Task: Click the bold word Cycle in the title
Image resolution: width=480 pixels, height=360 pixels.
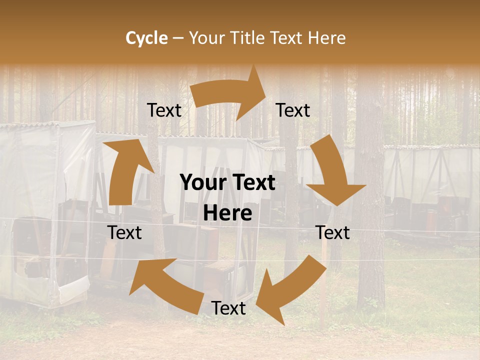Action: tap(146, 38)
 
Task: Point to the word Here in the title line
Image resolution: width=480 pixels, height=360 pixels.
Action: tap(327, 38)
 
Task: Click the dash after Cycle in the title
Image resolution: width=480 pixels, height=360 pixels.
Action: tap(178, 38)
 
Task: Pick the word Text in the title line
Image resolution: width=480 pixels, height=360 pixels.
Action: tap(287, 38)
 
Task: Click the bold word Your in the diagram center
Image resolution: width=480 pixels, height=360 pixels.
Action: tap(203, 183)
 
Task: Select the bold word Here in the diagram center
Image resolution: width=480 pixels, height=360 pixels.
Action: tap(227, 213)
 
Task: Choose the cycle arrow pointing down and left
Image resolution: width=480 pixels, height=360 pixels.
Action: tap(292, 290)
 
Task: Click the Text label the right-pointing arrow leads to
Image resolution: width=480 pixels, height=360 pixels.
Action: tap(293, 110)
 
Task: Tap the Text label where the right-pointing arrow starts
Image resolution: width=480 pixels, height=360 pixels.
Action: tap(164, 110)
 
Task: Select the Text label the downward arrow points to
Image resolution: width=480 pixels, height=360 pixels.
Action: tap(332, 232)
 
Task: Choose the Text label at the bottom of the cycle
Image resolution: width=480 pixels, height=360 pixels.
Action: tap(228, 308)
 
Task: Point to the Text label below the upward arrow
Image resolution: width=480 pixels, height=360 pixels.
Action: tap(124, 232)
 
